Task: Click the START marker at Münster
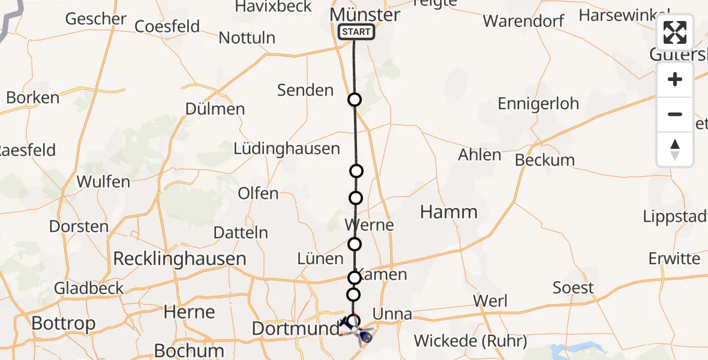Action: (356, 32)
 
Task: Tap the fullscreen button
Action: (675, 33)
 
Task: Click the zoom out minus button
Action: (675, 114)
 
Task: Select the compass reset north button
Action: (675, 149)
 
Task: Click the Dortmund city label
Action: (296, 328)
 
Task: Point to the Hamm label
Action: (449, 212)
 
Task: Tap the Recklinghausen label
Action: (179, 259)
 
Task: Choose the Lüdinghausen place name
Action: (287, 148)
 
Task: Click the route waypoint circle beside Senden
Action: (355, 100)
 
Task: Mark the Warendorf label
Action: (524, 21)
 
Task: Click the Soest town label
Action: (573, 288)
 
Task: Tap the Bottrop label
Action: (63, 323)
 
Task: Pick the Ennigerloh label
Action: (538, 103)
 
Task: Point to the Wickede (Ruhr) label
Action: (470, 341)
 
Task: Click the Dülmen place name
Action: (215, 109)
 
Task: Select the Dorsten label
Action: (79, 226)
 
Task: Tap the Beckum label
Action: (545, 160)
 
